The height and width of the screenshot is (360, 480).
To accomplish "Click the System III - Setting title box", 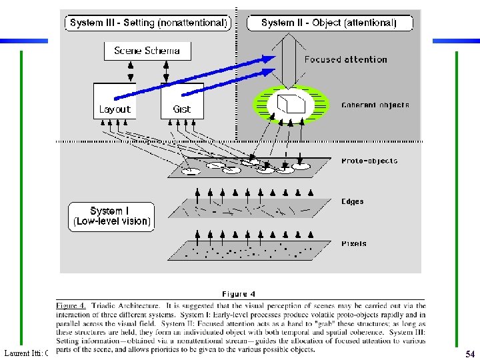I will [x=149, y=23].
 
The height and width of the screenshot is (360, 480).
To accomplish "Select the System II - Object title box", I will [x=329, y=23].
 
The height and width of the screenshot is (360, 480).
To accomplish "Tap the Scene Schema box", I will [x=147, y=51].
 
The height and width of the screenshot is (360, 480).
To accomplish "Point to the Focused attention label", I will [x=345, y=59].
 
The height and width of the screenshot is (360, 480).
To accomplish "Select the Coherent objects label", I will [x=375, y=105].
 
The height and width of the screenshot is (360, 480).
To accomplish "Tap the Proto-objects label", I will [x=369, y=161].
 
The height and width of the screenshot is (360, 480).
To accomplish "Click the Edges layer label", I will [x=353, y=201].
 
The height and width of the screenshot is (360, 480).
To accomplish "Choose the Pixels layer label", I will [x=353, y=244].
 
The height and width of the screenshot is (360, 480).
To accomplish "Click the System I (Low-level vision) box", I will [x=111, y=217].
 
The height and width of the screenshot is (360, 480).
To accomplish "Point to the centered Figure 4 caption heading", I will [x=238, y=294].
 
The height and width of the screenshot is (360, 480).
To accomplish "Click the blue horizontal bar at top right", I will [x=456, y=41].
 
